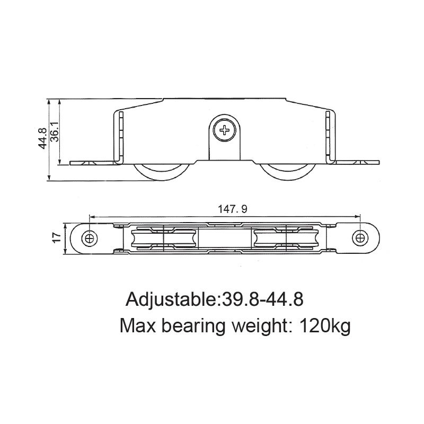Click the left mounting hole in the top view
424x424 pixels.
click(x=89, y=238)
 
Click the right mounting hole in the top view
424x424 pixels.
click(x=361, y=238)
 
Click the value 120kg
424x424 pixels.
click(x=325, y=324)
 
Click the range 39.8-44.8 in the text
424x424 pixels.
click(x=261, y=299)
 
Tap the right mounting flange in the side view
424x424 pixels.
click(x=358, y=161)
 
